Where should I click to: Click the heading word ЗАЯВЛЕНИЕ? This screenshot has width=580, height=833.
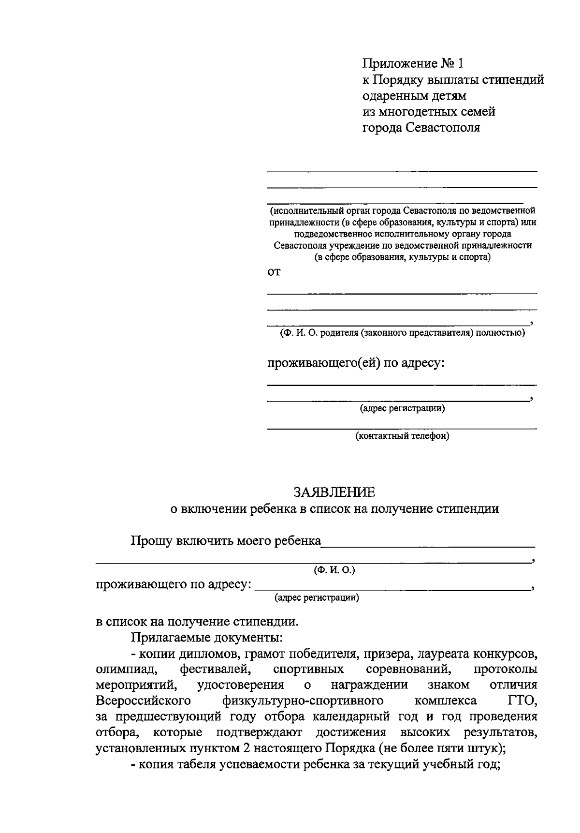click(x=334, y=492)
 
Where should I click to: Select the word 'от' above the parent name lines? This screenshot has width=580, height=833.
click(x=274, y=272)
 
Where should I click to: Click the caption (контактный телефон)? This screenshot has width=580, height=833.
click(x=402, y=436)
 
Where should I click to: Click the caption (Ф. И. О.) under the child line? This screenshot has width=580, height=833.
click(x=334, y=570)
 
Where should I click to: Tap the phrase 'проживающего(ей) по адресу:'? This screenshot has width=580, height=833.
click(x=356, y=363)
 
